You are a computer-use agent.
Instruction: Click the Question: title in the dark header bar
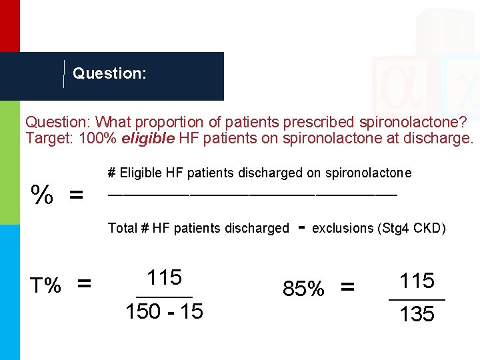click(x=109, y=73)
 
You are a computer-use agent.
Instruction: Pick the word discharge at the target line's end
click(x=439, y=139)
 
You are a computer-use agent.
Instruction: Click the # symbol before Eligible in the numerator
click(x=112, y=173)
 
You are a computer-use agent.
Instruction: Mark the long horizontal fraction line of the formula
click(x=253, y=194)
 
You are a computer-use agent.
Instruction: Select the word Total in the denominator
click(x=122, y=228)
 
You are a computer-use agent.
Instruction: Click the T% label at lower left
click(x=46, y=285)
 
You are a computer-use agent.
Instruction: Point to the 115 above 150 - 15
click(x=164, y=277)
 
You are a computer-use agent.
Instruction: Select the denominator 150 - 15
click(x=164, y=311)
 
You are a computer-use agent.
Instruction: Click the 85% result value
click(x=304, y=289)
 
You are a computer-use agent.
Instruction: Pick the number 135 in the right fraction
click(x=417, y=313)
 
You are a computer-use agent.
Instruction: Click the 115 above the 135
click(x=417, y=281)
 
